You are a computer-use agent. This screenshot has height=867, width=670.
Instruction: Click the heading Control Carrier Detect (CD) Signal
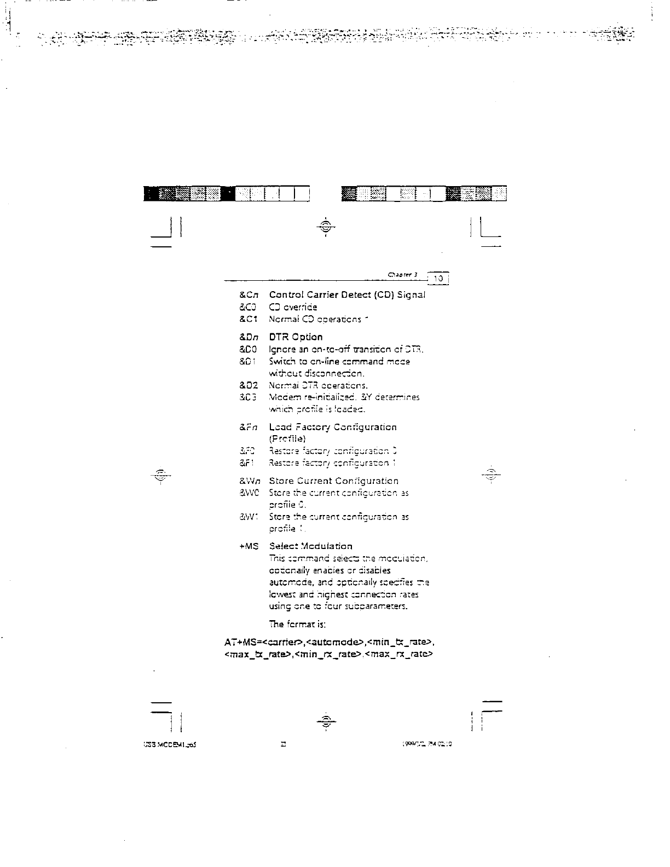pyautogui.click(x=347, y=295)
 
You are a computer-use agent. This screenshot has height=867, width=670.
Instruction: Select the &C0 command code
pyautogui.click(x=248, y=307)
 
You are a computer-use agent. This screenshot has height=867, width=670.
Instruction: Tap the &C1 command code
pyautogui.click(x=249, y=319)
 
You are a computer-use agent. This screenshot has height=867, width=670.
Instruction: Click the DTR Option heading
pyautogui.click(x=296, y=337)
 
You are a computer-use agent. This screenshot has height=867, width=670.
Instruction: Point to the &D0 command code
pyautogui.click(x=248, y=349)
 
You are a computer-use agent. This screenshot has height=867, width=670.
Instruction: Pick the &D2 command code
pyautogui.click(x=249, y=385)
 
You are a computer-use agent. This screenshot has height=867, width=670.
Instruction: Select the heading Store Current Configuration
pyautogui.click(x=333, y=481)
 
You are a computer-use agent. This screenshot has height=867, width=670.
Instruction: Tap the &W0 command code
pyautogui.click(x=249, y=493)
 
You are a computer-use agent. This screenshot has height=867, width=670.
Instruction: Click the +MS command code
pyautogui.click(x=249, y=546)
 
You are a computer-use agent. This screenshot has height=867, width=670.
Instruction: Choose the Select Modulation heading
pyautogui.click(x=310, y=546)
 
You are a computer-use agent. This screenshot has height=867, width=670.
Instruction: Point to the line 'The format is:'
pyautogui.click(x=298, y=625)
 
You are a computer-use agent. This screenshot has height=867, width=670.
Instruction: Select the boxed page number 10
pyautogui.click(x=438, y=279)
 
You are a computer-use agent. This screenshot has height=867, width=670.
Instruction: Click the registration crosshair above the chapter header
pyautogui.click(x=326, y=227)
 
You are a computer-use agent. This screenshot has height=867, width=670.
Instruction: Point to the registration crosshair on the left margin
pyautogui.click(x=160, y=475)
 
